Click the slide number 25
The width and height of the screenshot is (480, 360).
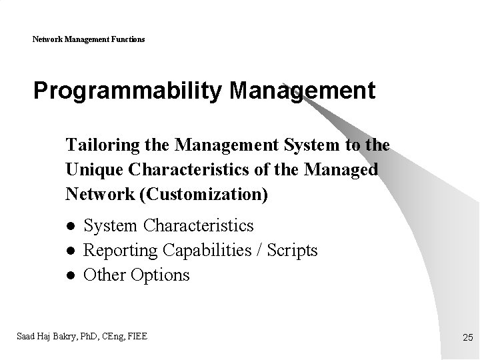(467, 339)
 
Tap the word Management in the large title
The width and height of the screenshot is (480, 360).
(302, 91)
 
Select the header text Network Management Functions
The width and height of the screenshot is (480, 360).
(89, 39)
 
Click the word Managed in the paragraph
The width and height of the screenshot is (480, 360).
(341, 169)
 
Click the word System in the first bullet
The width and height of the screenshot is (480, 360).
(111, 226)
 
